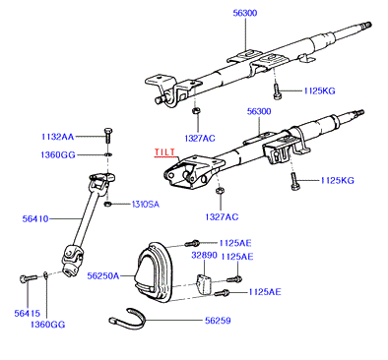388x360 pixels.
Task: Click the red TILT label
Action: [x=164, y=152]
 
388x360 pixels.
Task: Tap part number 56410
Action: [x=35, y=218]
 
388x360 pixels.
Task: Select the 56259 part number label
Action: [x=218, y=321]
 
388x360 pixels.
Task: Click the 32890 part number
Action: [x=204, y=255]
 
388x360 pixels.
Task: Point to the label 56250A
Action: [x=103, y=276]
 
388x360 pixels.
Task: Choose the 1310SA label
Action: [x=146, y=205]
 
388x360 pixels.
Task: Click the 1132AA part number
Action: [x=58, y=137]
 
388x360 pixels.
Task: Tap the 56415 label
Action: [x=27, y=314]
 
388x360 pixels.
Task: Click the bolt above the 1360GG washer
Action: [x=108, y=135]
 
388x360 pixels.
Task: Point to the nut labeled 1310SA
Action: [x=107, y=205]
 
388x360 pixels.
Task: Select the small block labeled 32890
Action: [x=204, y=283]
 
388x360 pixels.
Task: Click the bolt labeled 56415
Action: [x=29, y=278]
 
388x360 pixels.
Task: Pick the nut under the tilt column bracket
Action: [x=220, y=190]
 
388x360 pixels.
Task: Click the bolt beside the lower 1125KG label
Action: [x=294, y=181]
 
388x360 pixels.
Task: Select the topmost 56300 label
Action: [x=245, y=13]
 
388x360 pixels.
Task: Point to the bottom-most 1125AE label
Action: [x=265, y=292]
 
